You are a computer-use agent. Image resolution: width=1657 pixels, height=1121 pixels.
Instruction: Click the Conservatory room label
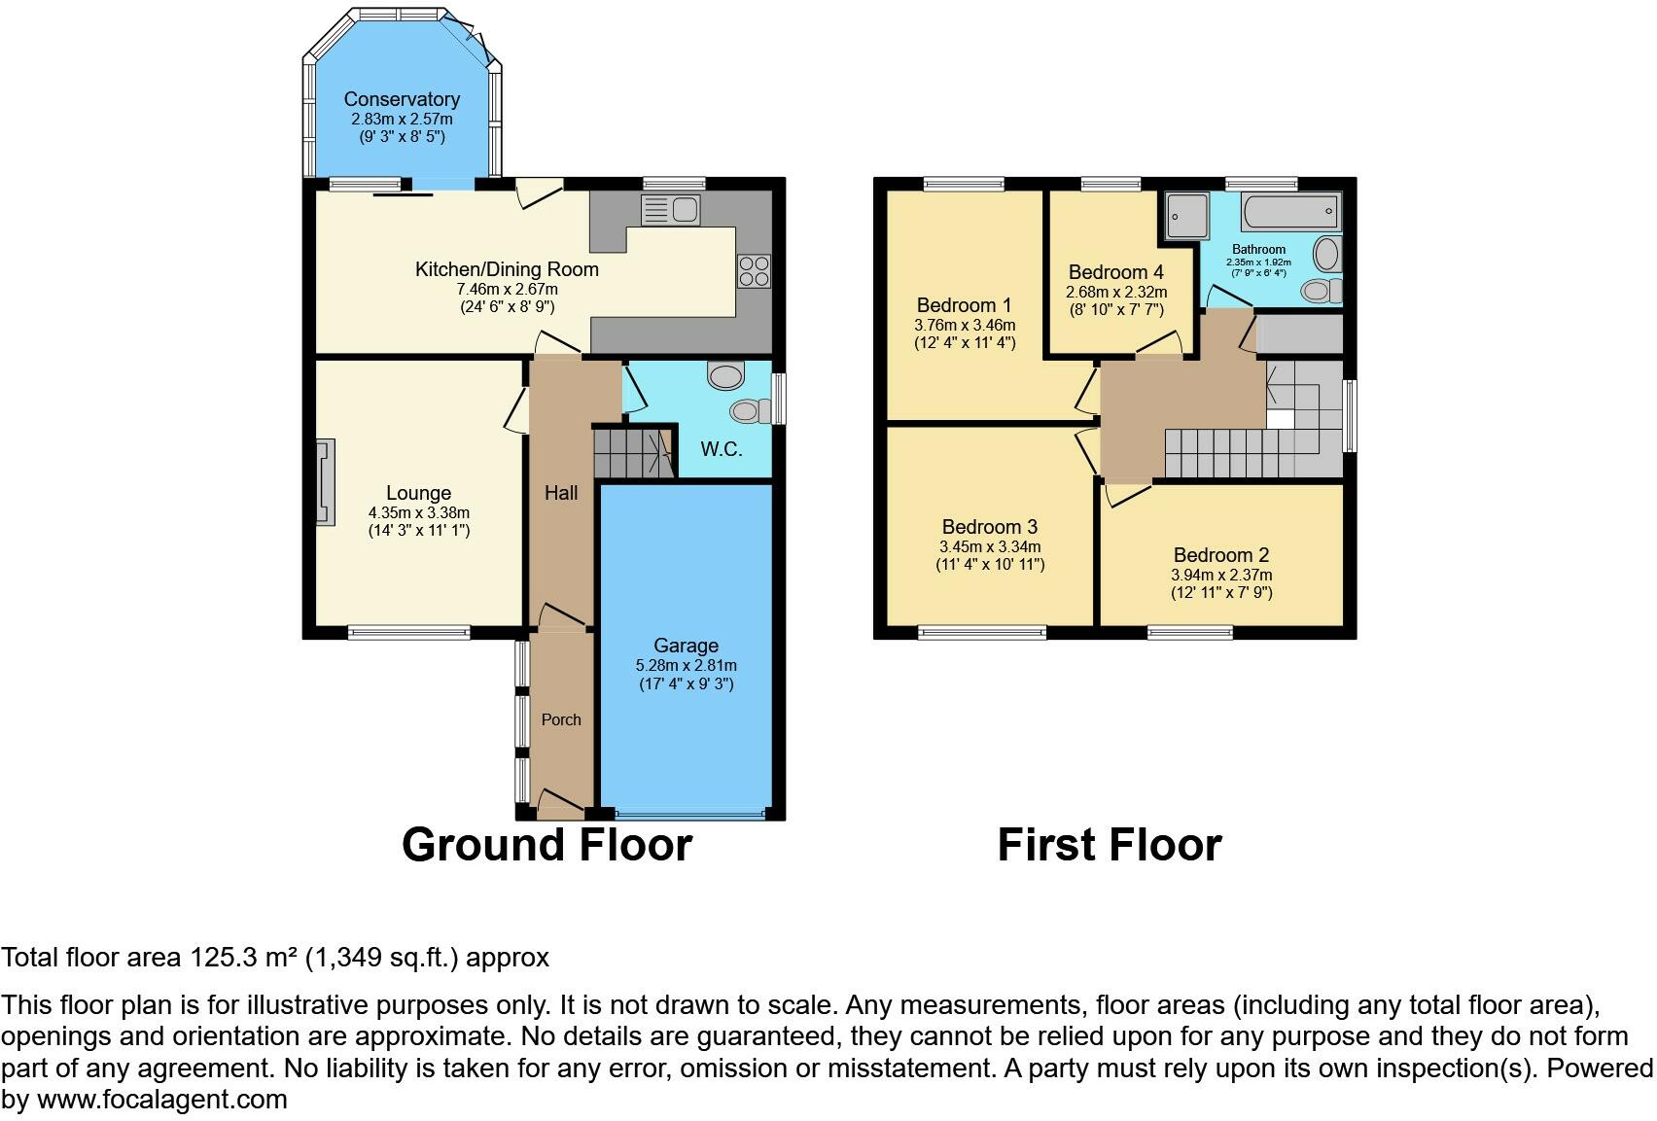pyautogui.click(x=402, y=99)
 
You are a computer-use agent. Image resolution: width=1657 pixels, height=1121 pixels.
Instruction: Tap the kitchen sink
pyautogui.click(x=670, y=210)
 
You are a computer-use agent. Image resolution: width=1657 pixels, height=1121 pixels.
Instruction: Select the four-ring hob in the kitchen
pyautogui.click(x=754, y=270)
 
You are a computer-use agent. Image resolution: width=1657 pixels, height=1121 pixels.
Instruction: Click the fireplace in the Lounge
pyautogui.click(x=326, y=482)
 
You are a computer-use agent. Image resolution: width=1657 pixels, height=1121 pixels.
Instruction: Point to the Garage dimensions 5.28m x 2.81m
pyautogui.click(x=686, y=665)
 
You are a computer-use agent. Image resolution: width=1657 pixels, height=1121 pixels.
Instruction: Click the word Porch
pyautogui.click(x=561, y=719)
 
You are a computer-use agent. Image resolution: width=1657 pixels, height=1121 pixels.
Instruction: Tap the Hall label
pyautogui.click(x=561, y=493)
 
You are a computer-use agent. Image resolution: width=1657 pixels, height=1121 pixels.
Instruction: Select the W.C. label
pyautogui.click(x=722, y=449)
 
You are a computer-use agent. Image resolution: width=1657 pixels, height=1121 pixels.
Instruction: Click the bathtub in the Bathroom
pyautogui.click(x=1290, y=212)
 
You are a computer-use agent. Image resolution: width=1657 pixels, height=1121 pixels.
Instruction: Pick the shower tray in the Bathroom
pyautogui.click(x=1187, y=216)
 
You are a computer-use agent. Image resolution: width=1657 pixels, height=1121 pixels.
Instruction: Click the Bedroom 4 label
pyautogui.click(x=1116, y=272)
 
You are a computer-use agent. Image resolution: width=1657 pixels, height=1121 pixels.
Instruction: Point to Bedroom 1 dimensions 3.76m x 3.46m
pyautogui.click(x=965, y=325)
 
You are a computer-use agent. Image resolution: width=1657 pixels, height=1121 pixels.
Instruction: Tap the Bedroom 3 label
pyautogui.click(x=990, y=527)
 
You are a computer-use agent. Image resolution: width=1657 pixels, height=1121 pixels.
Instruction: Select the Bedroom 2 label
pyautogui.click(x=1221, y=554)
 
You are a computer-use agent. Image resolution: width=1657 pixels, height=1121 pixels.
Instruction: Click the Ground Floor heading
pyautogui.click(x=546, y=845)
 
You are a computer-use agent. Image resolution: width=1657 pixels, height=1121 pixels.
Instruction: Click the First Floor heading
pyautogui.click(x=1110, y=845)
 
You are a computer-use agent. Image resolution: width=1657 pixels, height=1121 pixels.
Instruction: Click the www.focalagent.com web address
pyautogui.click(x=162, y=1100)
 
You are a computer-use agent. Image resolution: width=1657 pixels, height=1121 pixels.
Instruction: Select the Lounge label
pyautogui.click(x=419, y=493)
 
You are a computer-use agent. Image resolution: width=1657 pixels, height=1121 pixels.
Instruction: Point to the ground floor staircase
pyautogui.click(x=635, y=453)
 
